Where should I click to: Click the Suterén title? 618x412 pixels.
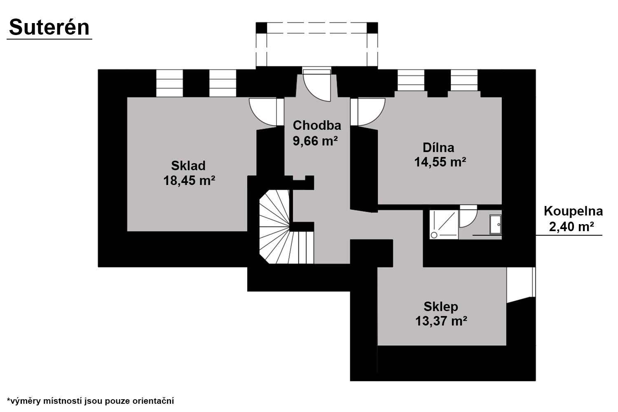(49, 27)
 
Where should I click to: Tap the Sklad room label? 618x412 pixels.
(188, 166)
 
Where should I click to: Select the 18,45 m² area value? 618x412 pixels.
(189, 181)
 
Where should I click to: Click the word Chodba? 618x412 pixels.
(317, 126)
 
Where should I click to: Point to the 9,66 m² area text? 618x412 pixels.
(315, 141)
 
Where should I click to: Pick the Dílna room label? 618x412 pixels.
(438, 147)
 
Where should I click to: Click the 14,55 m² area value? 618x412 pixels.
(440, 162)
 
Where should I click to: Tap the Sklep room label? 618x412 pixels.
(441, 307)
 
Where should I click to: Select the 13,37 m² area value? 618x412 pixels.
(441, 321)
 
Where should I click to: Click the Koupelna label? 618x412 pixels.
(574, 211)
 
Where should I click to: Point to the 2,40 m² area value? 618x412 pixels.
(571, 227)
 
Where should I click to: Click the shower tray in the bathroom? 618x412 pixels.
(444, 225)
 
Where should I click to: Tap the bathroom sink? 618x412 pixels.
(496, 225)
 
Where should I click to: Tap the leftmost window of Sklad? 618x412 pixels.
(169, 83)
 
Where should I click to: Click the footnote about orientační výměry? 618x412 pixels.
(90, 401)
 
